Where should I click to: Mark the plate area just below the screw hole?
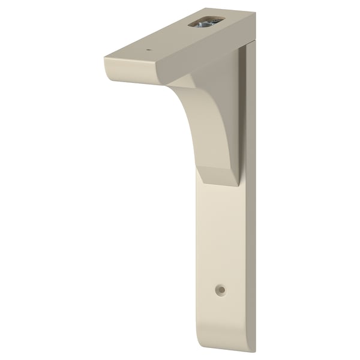(222, 312)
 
